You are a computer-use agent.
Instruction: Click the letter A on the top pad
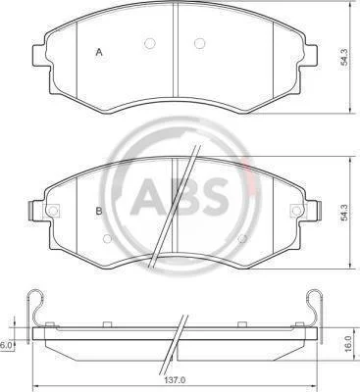tap(99, 52)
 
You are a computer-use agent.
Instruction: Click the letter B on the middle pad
tap(99, 211)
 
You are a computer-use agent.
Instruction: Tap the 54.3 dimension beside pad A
tap(344, 57)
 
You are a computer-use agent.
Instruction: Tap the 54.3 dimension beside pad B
tap(344, 212)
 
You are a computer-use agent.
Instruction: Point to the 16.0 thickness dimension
tap(347, 343)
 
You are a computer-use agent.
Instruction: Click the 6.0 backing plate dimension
tap(6, 345)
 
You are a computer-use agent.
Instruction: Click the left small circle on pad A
tap(149, 43)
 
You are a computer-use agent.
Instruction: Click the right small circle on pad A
tap(199, 43)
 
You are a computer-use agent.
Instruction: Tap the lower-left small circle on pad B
tap(107, 239)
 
